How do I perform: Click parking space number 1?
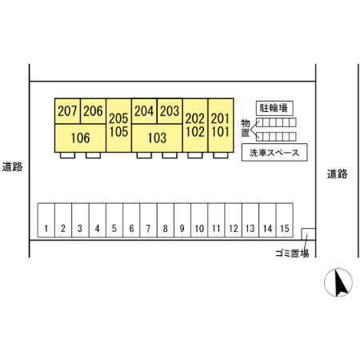[46, 220]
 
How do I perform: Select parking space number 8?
[166, 220]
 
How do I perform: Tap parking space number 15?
[285, 220]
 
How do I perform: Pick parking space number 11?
[216, 220]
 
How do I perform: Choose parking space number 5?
[114, 220]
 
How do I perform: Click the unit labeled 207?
[67, 111]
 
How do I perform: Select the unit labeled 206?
[93, 111]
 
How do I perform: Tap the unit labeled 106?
[80, 138]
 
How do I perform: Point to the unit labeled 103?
[157, 138]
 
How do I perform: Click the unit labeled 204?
[144, 111]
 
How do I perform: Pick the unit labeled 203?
[170, 111]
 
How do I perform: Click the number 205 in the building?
[118, 118]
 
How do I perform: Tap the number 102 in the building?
[195, 132]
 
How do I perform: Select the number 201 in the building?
[221, 118]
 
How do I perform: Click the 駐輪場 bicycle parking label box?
[274, 108]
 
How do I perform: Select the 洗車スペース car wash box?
[274, 153]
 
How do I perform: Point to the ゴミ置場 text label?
[292, 253]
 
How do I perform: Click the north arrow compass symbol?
[338, 282]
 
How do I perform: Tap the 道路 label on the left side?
[12, 167]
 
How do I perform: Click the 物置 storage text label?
[246, 128]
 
